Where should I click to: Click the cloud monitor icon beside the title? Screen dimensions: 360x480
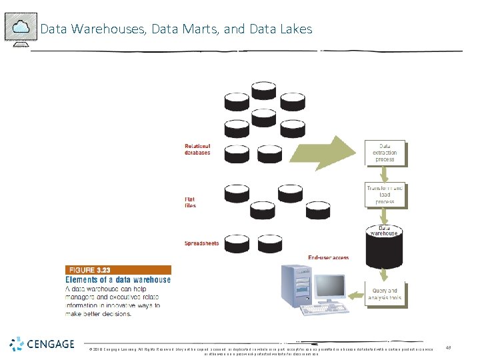pos(21,29)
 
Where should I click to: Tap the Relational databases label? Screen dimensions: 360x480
pos(197,149)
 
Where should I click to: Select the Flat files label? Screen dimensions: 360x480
pos(191,202)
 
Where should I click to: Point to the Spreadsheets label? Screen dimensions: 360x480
pos(202,243)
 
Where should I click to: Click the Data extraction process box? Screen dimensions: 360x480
pos(385,153)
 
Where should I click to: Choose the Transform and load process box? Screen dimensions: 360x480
pos(385,195)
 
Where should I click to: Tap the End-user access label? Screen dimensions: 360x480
pos(328,257)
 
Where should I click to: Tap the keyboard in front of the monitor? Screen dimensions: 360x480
pos(323,310)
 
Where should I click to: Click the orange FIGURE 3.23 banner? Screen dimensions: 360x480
pos(118,270)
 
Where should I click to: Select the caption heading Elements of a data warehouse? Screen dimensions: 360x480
pos(118,280)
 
